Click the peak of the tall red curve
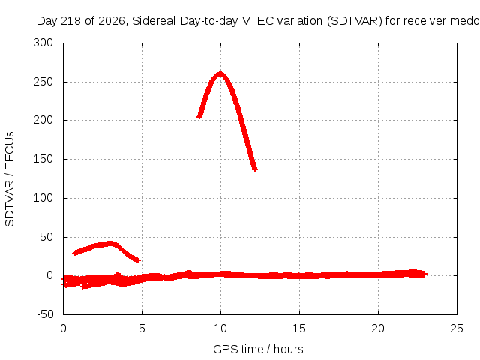[220, 73]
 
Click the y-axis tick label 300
[43, 43]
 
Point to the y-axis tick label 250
[43, 82]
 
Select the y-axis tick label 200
[43, 120]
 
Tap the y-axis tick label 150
[43, 159]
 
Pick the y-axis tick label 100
[43, 198]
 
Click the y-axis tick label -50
[45, 314]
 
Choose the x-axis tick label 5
[142, 328]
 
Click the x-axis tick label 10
[220, 328]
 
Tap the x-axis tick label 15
[299, 328]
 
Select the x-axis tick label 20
[378, 328]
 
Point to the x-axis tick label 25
[457, 328]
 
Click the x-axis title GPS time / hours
[258, 349]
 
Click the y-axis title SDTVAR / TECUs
[10, 179]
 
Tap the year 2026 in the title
[112, 21]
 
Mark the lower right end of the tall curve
[255, 169]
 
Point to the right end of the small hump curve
[138, 260]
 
